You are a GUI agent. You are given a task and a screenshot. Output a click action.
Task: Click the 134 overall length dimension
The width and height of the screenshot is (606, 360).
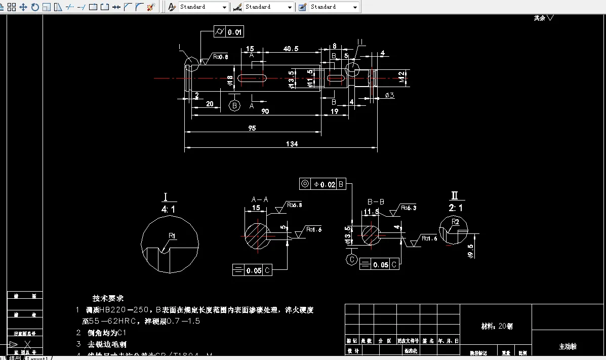292,144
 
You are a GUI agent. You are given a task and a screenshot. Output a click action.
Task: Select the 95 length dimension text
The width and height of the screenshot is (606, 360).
252,129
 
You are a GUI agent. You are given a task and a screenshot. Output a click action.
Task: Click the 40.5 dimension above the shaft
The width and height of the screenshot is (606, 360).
291,49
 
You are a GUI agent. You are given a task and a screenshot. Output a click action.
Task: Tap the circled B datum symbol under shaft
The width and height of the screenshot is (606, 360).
234,105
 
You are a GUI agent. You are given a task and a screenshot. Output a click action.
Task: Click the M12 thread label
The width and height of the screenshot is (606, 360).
401,77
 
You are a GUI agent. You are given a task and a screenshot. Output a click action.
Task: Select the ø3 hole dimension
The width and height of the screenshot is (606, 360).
389,95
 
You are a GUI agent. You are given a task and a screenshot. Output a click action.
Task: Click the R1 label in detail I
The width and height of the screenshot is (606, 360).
172,236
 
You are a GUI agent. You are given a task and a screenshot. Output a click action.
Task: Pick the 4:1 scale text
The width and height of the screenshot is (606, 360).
169,209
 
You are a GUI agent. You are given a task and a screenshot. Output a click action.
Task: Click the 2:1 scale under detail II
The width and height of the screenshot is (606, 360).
455,208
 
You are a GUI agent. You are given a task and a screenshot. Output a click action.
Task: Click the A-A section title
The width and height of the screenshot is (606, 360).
260,199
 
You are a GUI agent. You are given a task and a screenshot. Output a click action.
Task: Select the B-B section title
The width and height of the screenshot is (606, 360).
376,202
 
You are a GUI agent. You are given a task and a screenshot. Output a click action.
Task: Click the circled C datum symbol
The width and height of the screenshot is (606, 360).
351,260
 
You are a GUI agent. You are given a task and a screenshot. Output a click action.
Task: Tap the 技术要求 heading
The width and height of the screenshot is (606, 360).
108,298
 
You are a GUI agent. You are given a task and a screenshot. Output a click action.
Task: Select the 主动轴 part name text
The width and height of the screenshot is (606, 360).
568,346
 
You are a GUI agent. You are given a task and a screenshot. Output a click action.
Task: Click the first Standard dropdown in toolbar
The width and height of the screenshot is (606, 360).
203,7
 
